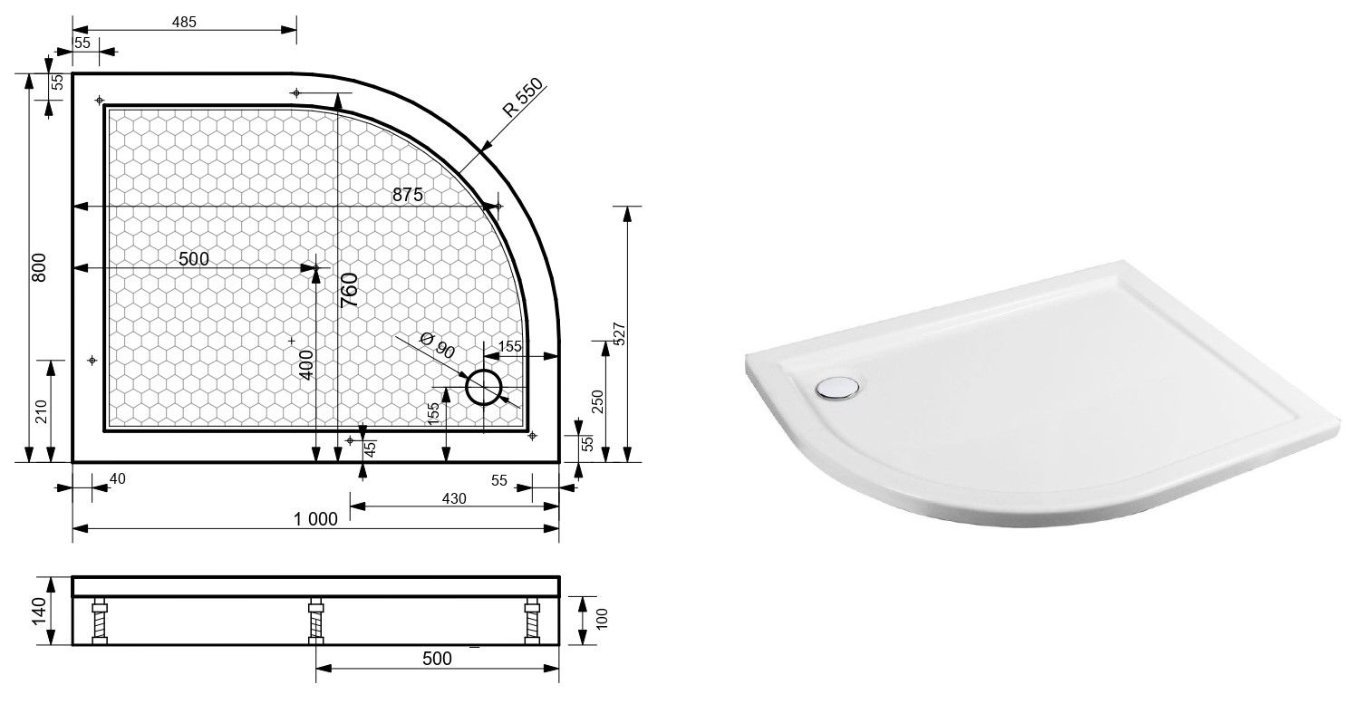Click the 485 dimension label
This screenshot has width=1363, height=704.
pos(184,22)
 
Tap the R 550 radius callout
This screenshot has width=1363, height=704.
pos(523,97)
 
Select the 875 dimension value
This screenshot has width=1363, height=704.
pos(407,195)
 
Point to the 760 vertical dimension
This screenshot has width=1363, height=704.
pos(349,290)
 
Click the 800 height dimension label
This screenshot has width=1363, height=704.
pos(38,267)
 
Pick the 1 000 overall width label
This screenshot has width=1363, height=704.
pos(315,519)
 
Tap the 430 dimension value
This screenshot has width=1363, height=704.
pos(454,499)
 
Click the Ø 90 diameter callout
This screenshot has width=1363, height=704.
pos(438,345)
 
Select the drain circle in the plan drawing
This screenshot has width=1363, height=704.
pos(484,387)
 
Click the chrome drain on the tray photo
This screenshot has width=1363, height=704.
pos(838,388)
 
